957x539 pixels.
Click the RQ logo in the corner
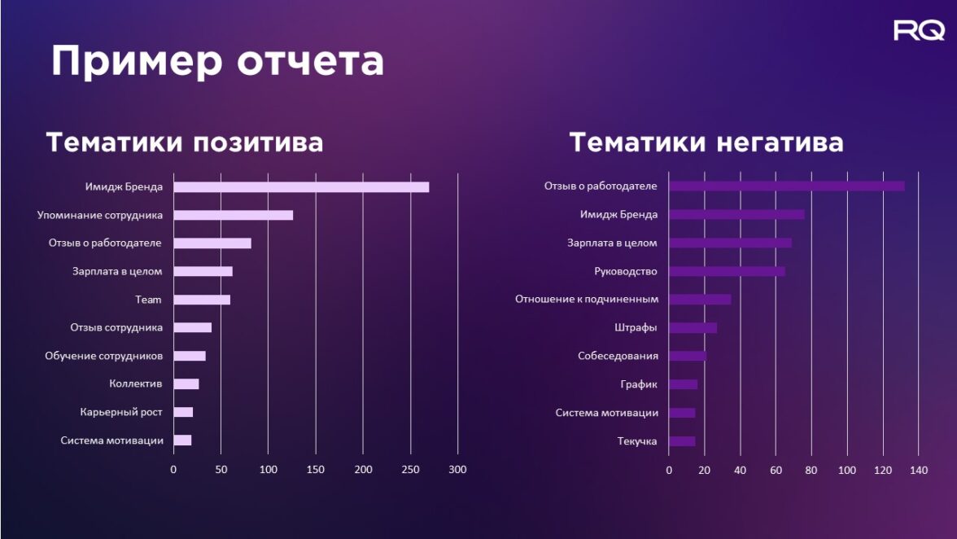[919, 31]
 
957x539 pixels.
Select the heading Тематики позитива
[185, 142]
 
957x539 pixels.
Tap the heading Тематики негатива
[706, 142]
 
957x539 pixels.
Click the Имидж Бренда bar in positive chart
[301, 187]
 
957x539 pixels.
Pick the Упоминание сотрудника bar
[233, 215]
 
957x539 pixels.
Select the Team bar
[202, 300]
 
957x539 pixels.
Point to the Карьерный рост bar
[183, 412]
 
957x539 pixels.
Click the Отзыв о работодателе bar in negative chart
[786, 186]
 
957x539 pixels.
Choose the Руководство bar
[727, 271]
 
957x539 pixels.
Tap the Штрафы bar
[693, 327]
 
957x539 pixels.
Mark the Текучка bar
[682, 441]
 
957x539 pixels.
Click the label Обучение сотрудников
[103, 356]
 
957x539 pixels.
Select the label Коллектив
[135, 383]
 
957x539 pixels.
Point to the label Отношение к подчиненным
[586, 299]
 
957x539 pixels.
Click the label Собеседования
[618, 356]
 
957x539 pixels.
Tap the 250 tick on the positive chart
[411, 469]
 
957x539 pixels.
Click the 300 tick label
[457, 469]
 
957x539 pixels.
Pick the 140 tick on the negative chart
[919, 470]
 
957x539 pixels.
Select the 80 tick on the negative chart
[811, 470]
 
